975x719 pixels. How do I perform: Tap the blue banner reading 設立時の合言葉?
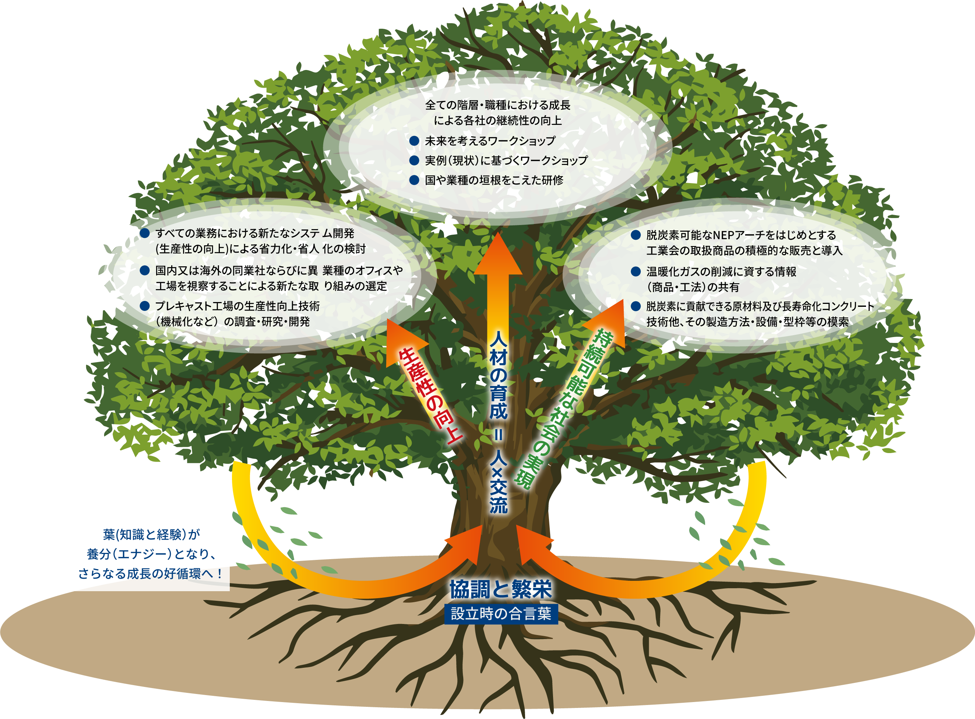coord(501,614)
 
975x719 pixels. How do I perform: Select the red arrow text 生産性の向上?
coord(429,396)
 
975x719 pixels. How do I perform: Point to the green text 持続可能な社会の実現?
coord(563,409)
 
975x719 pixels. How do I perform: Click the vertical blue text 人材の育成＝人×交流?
coord(498,422)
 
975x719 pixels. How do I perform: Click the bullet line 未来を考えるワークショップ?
coord(490,141)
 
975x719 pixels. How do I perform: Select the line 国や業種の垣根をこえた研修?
coord(494,180)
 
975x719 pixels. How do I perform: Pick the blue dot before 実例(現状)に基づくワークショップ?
coord(414,161)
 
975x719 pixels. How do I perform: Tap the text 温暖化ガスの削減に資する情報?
coord(721,271)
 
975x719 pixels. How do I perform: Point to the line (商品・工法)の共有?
coord(692,287)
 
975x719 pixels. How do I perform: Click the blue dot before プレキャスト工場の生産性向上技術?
coord(145,306)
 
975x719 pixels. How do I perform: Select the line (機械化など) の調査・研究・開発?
coord(232,322)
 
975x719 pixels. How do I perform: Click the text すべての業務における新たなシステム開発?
coord(254,233)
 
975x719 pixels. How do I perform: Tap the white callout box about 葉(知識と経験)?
coord(149,553)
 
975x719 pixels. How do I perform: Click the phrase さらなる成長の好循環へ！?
coord(150,574)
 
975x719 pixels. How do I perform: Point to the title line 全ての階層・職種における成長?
coord(497,105)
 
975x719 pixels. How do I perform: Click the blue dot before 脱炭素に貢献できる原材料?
coord(636,306)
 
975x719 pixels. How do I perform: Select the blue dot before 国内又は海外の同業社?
coord(145,270)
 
